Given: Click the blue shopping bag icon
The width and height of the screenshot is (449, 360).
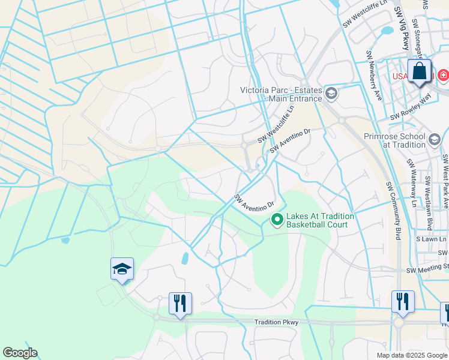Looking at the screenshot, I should [x=420, y=71].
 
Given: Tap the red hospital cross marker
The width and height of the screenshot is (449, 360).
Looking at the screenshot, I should [x=443, y=76].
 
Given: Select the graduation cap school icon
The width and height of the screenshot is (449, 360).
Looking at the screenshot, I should [x=122, y=270].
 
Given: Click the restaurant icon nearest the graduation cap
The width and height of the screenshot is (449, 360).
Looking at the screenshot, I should [x=180, y=304].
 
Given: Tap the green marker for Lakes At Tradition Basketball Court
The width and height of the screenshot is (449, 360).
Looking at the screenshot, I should [x=277, y=220].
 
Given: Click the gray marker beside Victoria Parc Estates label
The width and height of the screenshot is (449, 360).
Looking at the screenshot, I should [x=331, y=93].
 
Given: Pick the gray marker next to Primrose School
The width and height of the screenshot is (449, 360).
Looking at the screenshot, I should [x=435, y=140].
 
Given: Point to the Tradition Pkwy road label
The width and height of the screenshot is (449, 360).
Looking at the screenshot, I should [x=276, y=322].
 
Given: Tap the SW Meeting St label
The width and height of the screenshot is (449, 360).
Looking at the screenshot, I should [x=427, y=268].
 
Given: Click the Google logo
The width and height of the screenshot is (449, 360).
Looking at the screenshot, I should [x=20, y=353].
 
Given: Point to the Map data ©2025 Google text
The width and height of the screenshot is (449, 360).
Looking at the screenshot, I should [x=411, y=355].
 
